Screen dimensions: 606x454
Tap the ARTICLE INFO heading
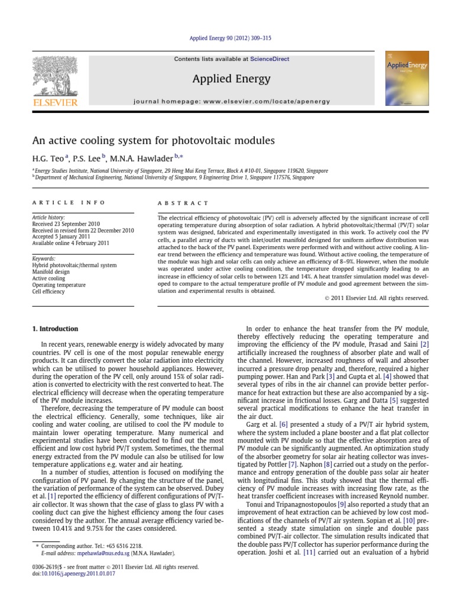click(69, 202)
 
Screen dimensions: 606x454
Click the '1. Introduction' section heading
click(54, 329)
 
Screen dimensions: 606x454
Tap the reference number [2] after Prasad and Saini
click(424, 344)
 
